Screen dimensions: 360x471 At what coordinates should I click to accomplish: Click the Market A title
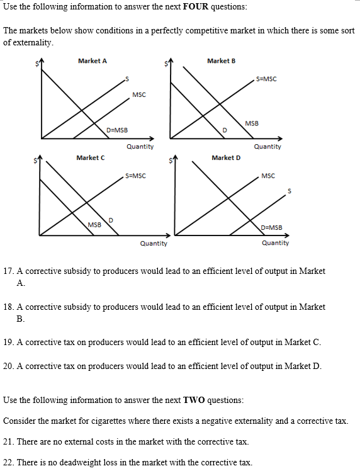[x=92, y=61]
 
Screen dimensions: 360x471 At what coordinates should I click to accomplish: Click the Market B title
[x=221, y=61]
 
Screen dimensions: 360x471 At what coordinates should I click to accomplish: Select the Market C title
[x=90, y=157]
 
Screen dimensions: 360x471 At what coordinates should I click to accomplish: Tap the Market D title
[x=226, y=157]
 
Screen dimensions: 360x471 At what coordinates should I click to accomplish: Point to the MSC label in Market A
[x=139, y=94]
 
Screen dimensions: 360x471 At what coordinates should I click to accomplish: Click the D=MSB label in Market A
[x=117, y=130]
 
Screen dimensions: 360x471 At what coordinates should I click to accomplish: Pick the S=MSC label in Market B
[x=266, y=79]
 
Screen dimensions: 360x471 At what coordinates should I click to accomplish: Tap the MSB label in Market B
[x=251, y=123]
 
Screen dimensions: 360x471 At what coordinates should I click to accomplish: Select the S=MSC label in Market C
[x=136, y=176]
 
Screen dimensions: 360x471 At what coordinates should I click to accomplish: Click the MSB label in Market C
[x=95, y=224]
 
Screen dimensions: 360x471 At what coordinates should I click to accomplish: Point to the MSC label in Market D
[x=267, y=176]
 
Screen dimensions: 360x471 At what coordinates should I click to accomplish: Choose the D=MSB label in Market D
[x=271, y=227]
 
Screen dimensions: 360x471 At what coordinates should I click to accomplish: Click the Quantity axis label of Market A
[x=140, y=147]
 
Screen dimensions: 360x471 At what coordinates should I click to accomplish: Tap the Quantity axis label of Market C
[x=154, y=243]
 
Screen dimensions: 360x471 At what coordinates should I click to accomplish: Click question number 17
[x=9, y=271]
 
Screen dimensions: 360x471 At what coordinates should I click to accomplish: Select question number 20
[x=9, y=366]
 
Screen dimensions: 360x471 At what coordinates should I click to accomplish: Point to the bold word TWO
[x=193, y=400]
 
